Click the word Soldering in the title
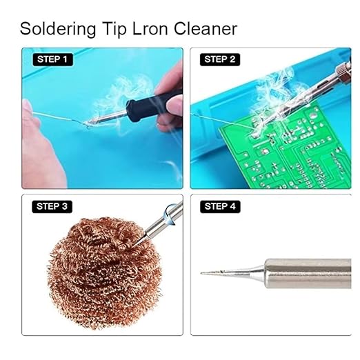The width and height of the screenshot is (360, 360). (x=58, y=29)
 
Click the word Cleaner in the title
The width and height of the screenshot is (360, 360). (x=206, y=29)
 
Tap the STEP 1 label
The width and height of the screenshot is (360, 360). (x=52, y=59)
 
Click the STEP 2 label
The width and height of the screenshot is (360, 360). (x=220, y=59)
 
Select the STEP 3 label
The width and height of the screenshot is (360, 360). (x=52, y=206)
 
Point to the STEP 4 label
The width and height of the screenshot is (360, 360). (x=220, y=206)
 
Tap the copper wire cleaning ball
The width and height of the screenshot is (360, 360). (x=105, y=272)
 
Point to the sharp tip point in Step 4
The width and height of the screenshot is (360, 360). (x=201, y=273)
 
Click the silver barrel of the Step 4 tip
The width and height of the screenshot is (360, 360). (x=308, y=273)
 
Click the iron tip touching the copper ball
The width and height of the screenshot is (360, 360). (x=139, y=239)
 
